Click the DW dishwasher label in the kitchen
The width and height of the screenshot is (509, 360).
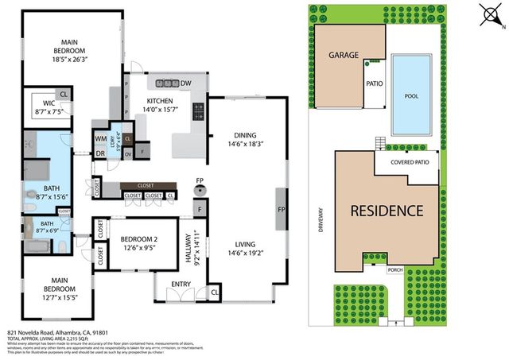point(185,83)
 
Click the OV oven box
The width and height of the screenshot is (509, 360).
point(128,153)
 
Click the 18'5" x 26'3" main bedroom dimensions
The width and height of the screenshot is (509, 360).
point(72,57)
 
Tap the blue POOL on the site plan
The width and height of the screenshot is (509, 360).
point(411,95)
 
